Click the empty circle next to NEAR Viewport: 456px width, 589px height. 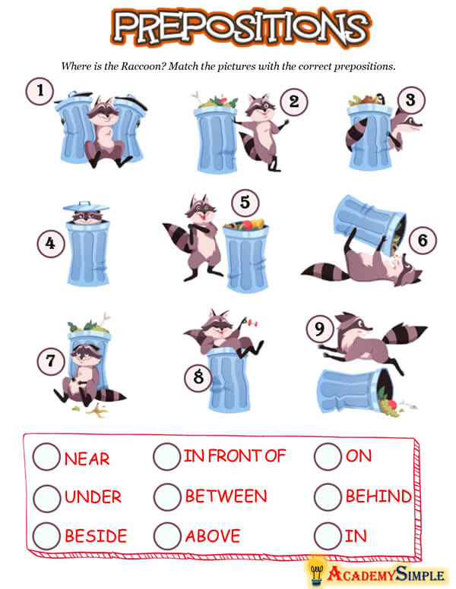46,456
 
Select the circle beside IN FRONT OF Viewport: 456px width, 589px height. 166,456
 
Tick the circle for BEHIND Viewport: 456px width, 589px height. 328,496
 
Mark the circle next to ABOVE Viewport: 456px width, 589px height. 167,536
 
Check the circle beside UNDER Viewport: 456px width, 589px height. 47,498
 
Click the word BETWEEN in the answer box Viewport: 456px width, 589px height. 226,496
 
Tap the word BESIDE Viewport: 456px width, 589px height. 96,536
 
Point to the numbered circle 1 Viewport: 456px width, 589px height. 40,91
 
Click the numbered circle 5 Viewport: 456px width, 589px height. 245,203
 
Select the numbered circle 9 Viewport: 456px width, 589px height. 320,329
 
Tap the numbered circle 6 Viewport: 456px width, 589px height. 423,240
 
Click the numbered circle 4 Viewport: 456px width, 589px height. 51,244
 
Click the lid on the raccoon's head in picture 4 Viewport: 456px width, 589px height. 86,206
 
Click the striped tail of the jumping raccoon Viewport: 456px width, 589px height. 405,332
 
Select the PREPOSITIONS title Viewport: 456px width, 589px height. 241,27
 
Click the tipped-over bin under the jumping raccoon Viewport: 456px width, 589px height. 356,391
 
